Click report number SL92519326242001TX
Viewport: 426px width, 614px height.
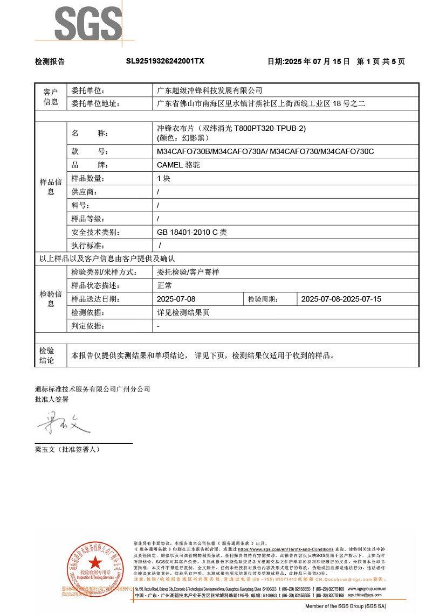coord(165,61)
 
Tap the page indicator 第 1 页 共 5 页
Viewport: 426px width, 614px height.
coord(381,61)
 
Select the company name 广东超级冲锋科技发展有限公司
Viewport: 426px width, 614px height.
coord(209,90)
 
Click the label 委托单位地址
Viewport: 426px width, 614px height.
coord(94,104)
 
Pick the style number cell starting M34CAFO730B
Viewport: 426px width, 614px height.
coord(265,151)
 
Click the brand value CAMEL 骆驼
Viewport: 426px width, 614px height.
coord(178,165)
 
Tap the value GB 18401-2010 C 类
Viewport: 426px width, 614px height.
coord(191,232)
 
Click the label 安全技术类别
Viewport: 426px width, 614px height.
coord(94,232)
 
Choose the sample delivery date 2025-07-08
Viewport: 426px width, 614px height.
coord(176,299)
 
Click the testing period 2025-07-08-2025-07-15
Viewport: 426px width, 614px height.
coord(341,299)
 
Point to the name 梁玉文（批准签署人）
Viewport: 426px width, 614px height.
coord(67,449)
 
